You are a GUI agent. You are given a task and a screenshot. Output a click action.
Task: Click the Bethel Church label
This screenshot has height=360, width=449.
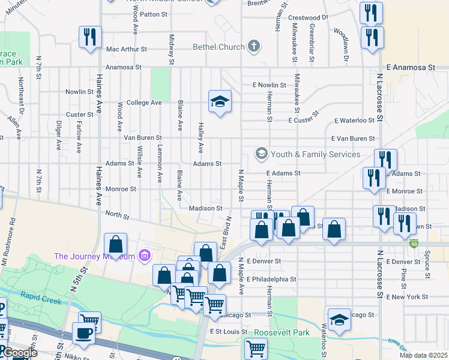pyautogui.click(x=218, y=47)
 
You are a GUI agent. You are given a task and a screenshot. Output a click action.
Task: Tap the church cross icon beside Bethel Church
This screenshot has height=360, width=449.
pyautogui.click(x=254, y=46)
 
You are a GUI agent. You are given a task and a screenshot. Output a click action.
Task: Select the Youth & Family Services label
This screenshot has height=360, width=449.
pyautogui.click(x=315, y=154)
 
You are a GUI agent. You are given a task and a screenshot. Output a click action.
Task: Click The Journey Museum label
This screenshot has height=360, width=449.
pyautogui.click(x=94, y=256)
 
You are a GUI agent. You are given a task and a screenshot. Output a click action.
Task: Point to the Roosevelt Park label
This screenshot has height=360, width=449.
pyautogui.click(x=281, y=332)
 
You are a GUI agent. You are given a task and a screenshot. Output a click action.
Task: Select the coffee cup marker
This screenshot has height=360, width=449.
pyautogui.click(x=83, y=333)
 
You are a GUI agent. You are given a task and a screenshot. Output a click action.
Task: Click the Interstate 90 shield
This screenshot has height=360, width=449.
pyautogui.click(x=414, y=244)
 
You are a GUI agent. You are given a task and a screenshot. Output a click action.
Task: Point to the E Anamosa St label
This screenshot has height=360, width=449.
pyautogui.click(x=411, y=68)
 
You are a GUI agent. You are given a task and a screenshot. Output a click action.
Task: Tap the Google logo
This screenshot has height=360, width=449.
pyautogui.click(x=20, y=353)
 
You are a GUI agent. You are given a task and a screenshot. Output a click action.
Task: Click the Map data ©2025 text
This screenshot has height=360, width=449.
pyautogui.click(x=423, y=355)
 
